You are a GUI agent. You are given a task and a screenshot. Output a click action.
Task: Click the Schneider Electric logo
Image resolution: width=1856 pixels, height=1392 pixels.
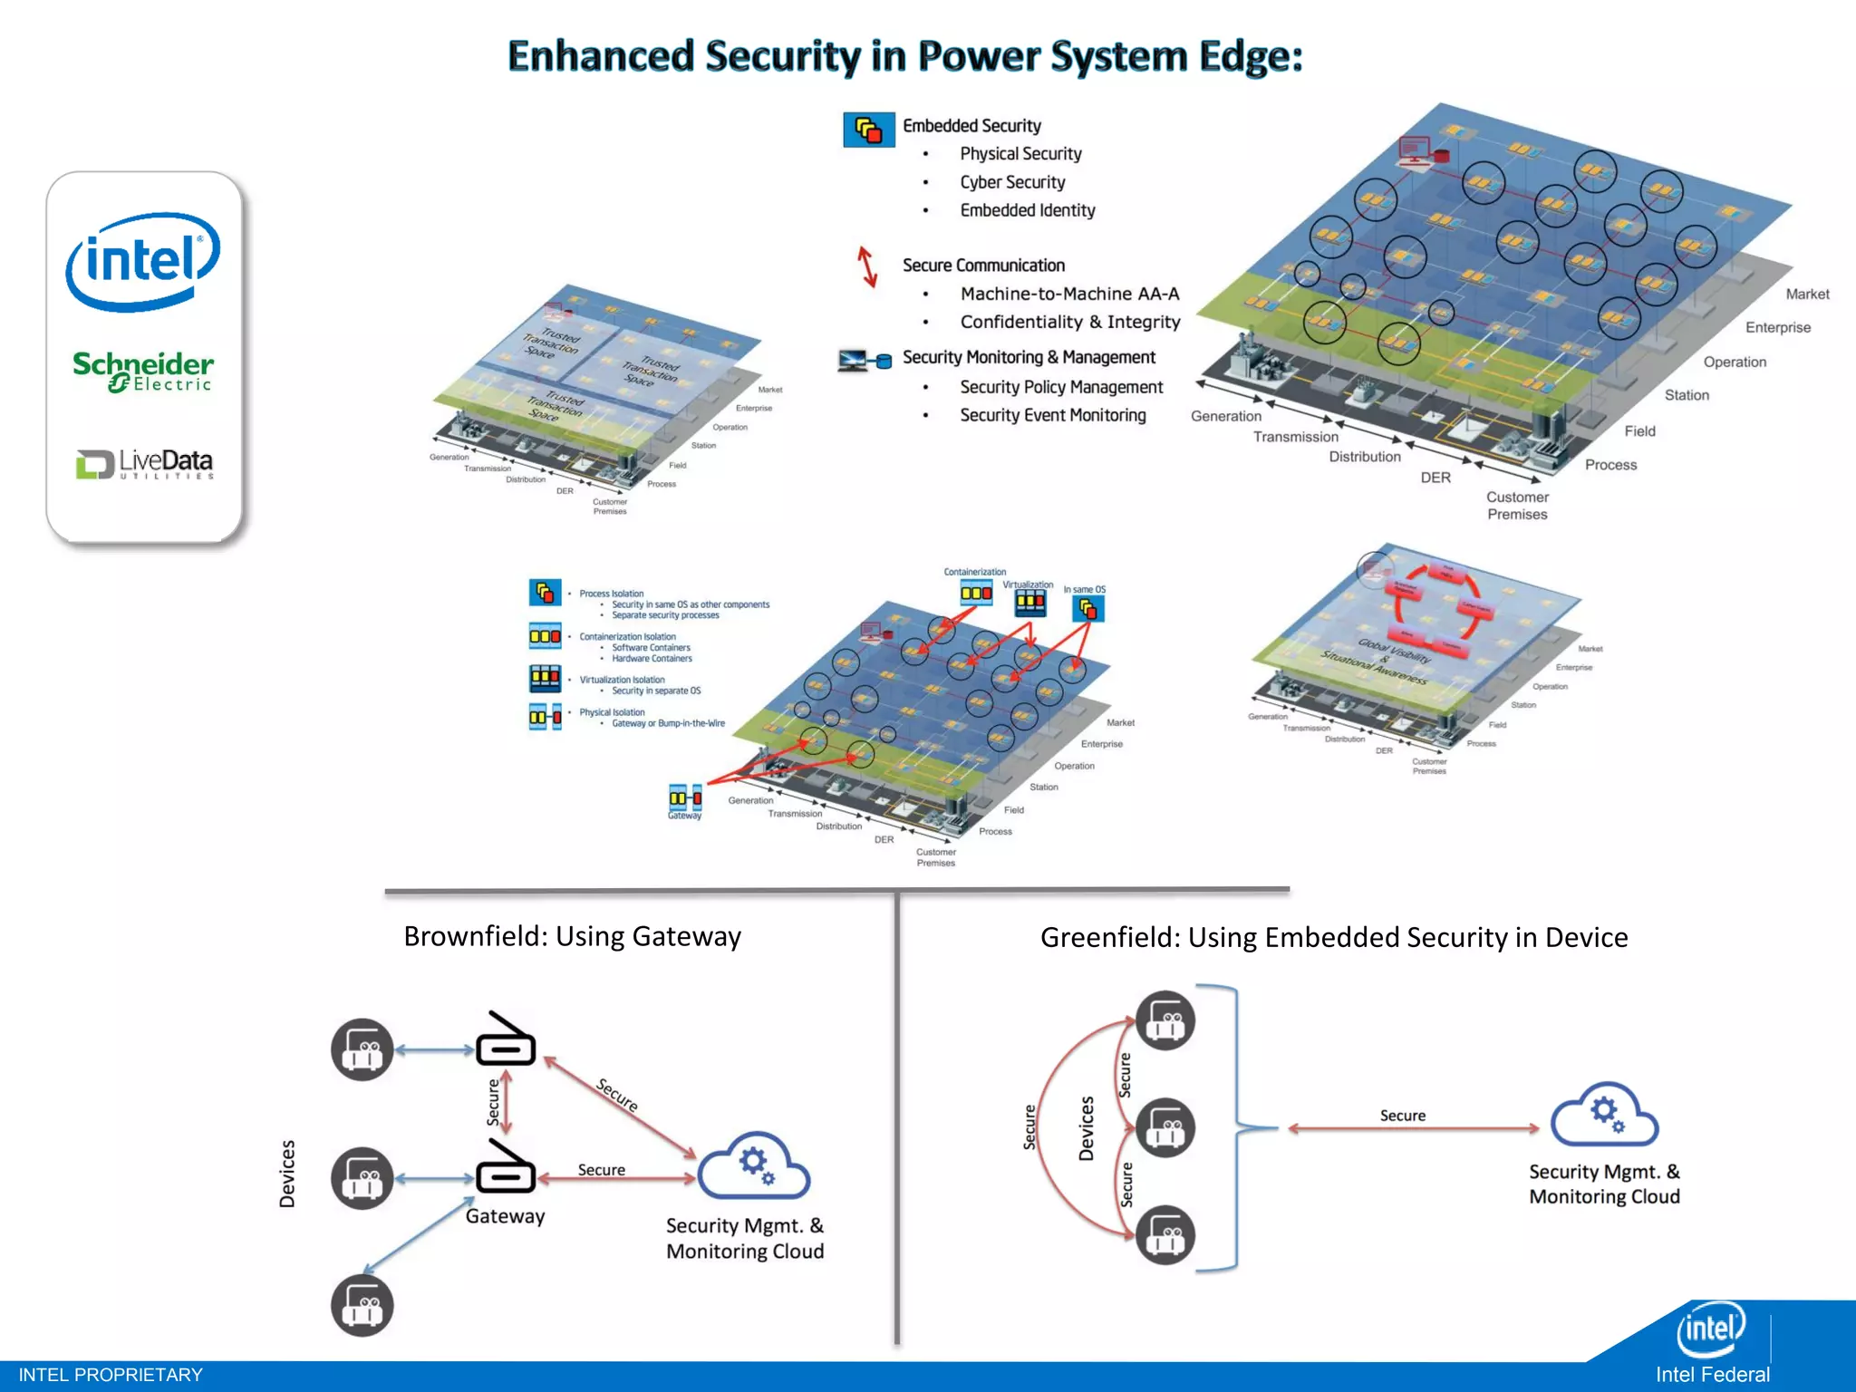point(143,372)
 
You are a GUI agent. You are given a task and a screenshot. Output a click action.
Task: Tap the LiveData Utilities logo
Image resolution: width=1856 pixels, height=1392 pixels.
point(145,463)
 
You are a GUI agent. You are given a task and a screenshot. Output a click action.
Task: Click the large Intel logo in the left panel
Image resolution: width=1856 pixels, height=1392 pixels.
point(143,261)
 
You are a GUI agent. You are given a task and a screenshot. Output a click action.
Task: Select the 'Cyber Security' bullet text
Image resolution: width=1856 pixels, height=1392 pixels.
point(1012,182)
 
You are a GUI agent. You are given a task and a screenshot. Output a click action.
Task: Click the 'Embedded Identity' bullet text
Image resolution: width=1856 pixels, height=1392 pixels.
point(1027,210)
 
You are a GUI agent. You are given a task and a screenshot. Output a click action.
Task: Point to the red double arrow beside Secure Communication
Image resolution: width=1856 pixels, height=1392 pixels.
point(867,266)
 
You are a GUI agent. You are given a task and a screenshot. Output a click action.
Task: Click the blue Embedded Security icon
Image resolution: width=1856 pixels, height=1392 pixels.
point(868,130)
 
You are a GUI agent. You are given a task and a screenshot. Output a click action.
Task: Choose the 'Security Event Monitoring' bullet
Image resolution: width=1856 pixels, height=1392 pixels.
point(1052,415)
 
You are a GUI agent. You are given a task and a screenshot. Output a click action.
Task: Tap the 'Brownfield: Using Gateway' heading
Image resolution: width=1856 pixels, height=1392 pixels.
point(572,936)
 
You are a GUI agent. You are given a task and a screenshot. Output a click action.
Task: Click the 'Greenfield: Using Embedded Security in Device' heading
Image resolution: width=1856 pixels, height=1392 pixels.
point(1333,937)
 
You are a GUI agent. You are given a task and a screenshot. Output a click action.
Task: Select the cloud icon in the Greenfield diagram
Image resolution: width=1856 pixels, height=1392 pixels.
point(1604,1115)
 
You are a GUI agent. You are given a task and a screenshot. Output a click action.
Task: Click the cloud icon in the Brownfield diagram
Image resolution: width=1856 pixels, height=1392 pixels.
point(754,1165)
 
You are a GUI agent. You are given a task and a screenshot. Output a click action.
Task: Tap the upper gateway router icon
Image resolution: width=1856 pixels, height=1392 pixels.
point(506,1039)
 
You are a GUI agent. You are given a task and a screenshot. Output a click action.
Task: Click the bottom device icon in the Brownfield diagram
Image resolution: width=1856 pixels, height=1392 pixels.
point(362,1306)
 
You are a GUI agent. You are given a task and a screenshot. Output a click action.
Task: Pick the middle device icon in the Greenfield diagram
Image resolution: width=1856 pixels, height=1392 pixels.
point(1165,1128)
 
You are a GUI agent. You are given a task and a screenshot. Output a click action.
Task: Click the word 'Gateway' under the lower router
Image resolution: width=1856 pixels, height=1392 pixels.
point(505,1216)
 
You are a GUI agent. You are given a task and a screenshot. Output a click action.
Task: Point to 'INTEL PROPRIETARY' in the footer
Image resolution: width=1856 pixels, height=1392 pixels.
point(111,1375)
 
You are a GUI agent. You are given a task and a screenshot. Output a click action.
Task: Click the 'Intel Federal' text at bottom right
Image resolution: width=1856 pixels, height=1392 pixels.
point(1712,1375)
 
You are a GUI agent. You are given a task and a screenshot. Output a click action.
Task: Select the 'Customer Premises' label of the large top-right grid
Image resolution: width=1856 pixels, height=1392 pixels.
point(1517,506)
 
